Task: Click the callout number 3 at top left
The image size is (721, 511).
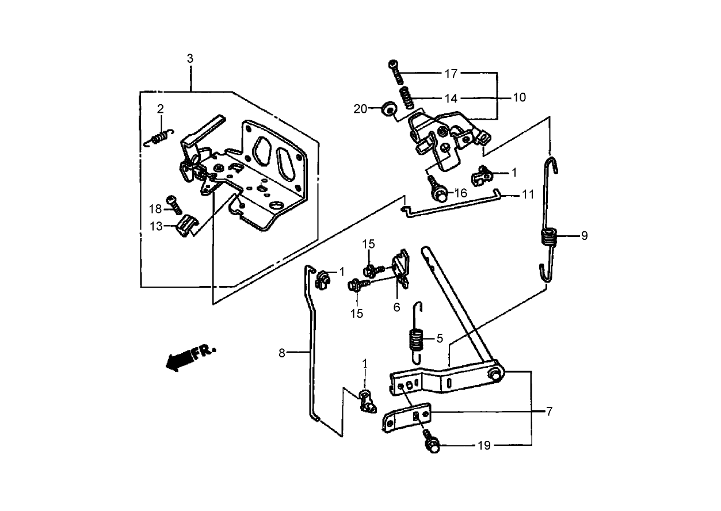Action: coord(190,58)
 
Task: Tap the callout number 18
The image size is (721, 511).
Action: coord(156,208)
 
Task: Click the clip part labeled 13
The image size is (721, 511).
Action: coord(186,225)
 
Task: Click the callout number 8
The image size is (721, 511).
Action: coord(282,353)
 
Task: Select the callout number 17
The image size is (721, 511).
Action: coord(451,74)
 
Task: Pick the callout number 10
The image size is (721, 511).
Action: coord(519,97)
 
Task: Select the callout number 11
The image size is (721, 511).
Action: coord(528,195)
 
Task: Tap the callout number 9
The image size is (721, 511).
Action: coord(584,235)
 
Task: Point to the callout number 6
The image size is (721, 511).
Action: coord(396,307)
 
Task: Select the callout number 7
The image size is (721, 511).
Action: coord(549,411)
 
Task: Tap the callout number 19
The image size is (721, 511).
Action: coord(485,445)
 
